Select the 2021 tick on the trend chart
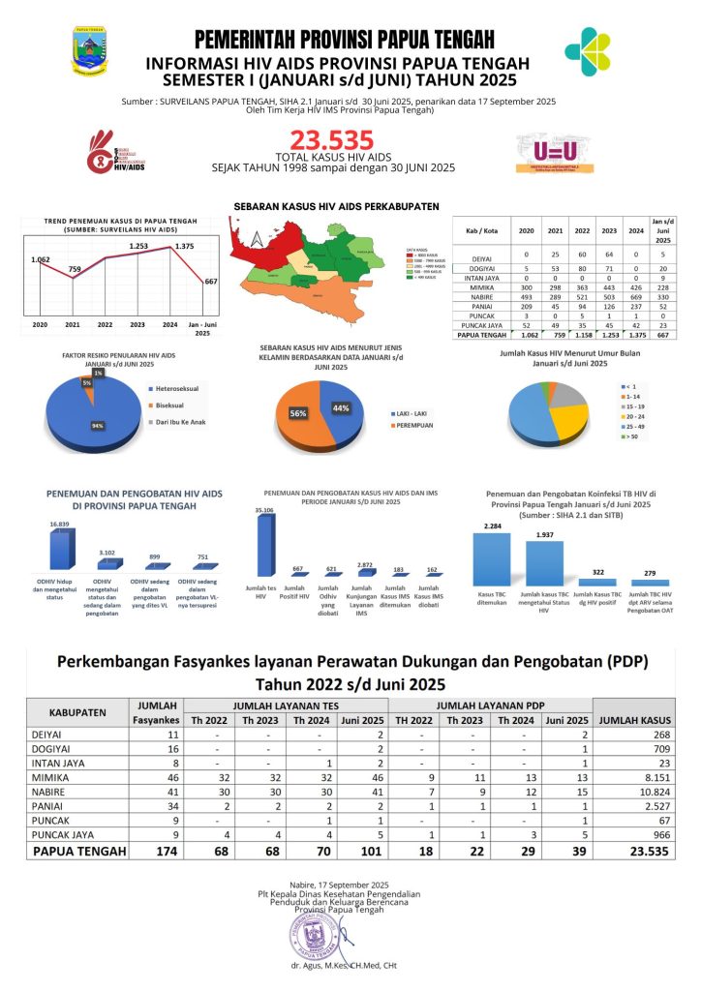click(73, 324)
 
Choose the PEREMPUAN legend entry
click(415, 425)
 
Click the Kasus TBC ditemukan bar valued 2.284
click(491, 558)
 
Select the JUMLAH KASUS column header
click(635, 720)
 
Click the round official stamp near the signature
click(313, 935)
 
